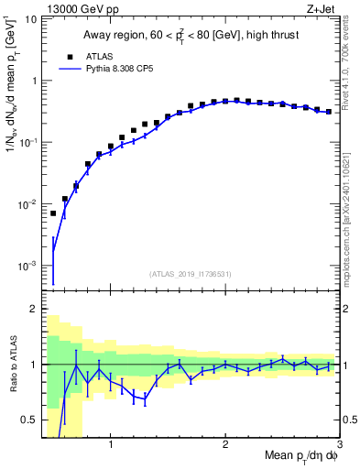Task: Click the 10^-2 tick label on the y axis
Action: (x=28, y=203)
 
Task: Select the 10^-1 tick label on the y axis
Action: (x=28, y=142)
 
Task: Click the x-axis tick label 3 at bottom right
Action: (x=339, y=447)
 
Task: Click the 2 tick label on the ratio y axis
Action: (x=35, y=309)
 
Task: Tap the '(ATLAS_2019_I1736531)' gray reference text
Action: (x=191, y=274)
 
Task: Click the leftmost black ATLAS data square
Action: (x=53, y=213)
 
